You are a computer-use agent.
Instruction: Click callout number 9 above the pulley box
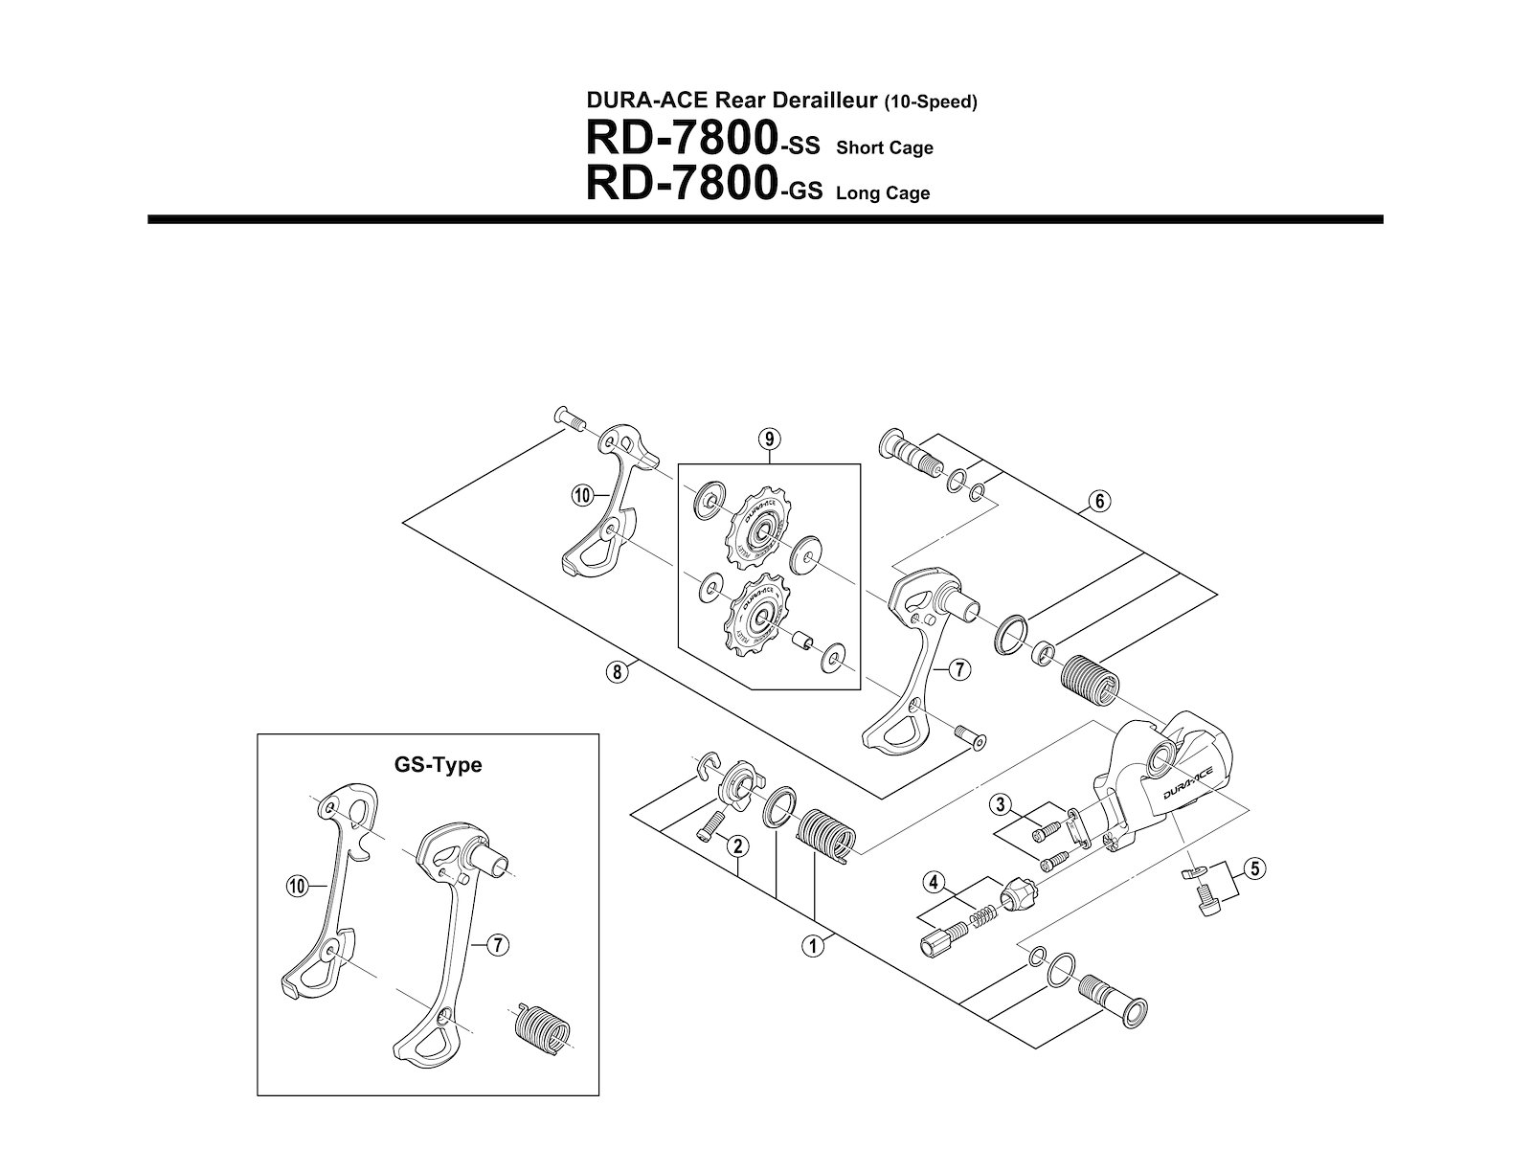tap(768, 439)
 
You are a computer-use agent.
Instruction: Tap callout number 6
tap(1099, 501)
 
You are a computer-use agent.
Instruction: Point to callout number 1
tap(813, 947)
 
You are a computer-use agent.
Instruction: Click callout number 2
tap(737, 845)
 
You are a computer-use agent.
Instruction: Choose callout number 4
tap(934, 881)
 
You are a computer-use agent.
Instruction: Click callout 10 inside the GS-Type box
tap(298, 887)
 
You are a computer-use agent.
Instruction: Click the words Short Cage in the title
tap(884, 148)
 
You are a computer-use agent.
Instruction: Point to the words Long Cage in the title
tap(882, 193)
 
